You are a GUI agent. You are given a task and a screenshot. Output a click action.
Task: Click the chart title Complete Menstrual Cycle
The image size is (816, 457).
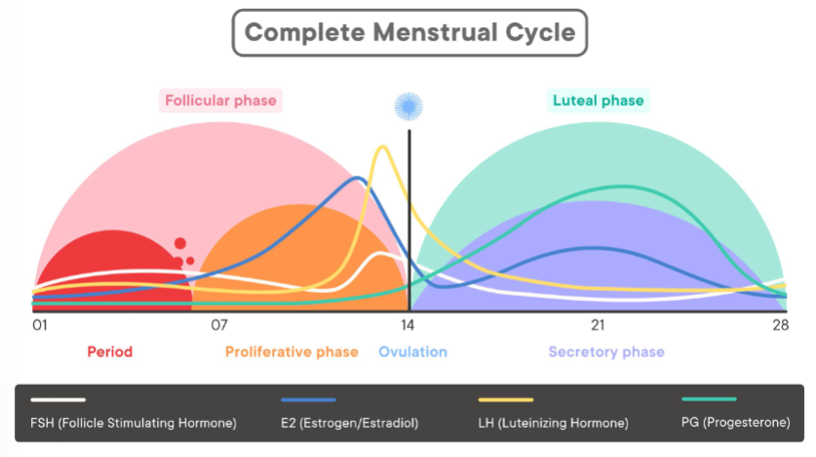point(409,32)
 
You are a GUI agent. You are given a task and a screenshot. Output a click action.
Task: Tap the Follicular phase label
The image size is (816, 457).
point(220,101)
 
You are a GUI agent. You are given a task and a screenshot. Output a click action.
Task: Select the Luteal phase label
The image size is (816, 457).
point(598,101)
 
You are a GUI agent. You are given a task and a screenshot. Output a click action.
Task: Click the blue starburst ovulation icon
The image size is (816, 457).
point(408,106)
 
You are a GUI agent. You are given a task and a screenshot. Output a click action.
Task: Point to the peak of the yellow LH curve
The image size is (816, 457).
point(383,146)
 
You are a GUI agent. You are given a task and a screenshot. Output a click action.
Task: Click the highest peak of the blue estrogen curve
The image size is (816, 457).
point(358,179)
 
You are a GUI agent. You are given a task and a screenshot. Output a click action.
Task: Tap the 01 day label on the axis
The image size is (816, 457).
point(40,325)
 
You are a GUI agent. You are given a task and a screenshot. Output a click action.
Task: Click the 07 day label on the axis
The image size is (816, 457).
point(219,325)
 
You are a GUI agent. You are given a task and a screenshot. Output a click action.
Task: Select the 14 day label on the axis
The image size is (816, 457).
point(408,325)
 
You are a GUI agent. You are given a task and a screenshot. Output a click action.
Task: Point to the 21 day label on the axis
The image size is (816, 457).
point(598,325)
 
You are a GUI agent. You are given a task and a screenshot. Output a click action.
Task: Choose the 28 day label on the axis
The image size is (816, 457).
point(780,325)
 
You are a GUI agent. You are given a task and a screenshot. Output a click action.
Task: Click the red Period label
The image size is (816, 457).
point(110,352)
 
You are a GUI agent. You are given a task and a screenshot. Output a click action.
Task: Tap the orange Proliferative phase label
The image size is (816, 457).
point(291,352)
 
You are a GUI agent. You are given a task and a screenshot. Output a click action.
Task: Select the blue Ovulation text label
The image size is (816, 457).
point(412,352)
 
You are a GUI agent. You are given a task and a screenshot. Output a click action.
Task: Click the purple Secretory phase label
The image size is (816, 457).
point(606,352)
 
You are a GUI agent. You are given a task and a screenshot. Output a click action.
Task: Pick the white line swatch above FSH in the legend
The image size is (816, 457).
point(58,399)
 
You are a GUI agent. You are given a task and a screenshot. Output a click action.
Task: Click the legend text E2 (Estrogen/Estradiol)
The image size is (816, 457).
point(349,423)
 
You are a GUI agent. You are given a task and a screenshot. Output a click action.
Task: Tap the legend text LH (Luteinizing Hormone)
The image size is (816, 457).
point(553,423)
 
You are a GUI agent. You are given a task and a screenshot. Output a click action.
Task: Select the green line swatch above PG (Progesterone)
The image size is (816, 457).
point(709,399)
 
